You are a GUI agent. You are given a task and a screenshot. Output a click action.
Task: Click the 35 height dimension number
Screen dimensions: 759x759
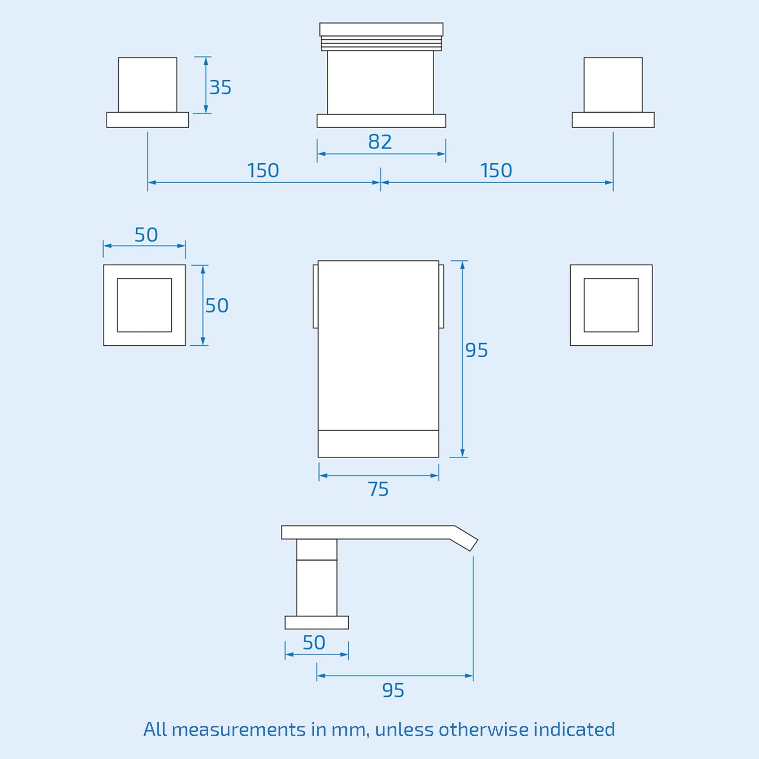tap(220, 87)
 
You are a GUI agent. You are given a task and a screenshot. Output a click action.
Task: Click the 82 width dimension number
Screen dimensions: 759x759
tap(380, 142)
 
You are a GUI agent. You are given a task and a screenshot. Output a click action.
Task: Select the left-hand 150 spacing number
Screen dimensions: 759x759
tap(263, 171)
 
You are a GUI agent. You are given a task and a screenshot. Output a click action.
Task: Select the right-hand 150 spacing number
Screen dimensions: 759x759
tap(496, 171)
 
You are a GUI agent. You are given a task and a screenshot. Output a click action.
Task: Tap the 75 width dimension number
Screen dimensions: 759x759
tap(378, 489)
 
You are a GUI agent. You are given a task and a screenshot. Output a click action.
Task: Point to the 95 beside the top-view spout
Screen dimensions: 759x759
tap(476, 350)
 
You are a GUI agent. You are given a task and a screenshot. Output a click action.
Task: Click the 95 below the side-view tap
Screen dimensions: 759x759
tap(393, 690)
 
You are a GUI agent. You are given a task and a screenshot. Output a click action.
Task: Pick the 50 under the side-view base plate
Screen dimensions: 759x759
tap(314, 643)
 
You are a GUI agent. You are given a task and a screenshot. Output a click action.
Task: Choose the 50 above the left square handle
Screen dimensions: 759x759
tap(146, 235)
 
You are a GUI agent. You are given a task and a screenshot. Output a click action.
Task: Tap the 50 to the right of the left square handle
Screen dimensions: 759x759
tap(217, 305)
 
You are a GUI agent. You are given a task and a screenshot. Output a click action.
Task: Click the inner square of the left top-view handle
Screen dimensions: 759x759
tap(144, 305)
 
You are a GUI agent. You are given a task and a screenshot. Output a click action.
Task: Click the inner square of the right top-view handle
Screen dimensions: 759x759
tap(611, 305)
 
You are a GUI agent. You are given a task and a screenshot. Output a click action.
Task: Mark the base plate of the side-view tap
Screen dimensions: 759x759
tap(316, 622)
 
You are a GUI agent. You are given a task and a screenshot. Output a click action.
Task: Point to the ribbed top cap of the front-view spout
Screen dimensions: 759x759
tap(381, 37)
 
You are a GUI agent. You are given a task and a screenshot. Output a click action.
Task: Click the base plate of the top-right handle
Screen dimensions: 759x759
tap(613, 120)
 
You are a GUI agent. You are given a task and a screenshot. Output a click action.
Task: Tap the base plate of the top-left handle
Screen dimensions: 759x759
tap(148, 120)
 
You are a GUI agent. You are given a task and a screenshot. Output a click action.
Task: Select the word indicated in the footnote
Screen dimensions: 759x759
tap(574, 729)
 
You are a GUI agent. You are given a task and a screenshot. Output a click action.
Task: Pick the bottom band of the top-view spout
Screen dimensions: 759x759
tap(378, 444)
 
